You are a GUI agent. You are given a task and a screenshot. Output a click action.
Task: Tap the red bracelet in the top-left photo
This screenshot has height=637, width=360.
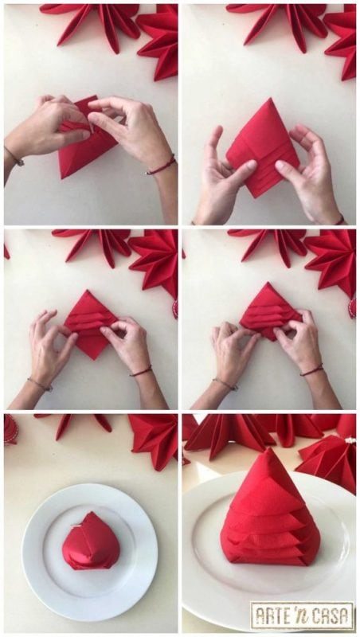pos(162,166)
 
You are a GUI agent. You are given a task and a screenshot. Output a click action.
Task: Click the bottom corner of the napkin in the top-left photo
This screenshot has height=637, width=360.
pos(61,178)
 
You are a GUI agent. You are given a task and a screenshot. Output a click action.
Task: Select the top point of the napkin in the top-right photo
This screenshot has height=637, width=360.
pos(268,98)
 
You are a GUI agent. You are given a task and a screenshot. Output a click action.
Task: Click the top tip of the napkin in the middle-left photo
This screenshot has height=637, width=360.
pos(87,290)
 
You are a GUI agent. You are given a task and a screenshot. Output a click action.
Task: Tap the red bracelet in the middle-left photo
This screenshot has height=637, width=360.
pos(141,370)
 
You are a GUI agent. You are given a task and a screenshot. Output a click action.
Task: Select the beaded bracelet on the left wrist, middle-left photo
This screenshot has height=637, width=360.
pos(40,384)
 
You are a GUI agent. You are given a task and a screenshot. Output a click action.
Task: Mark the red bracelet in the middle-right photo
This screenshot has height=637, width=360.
pos(311,369)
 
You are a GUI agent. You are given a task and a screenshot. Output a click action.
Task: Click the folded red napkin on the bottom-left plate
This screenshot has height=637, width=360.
pos(91,541)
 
